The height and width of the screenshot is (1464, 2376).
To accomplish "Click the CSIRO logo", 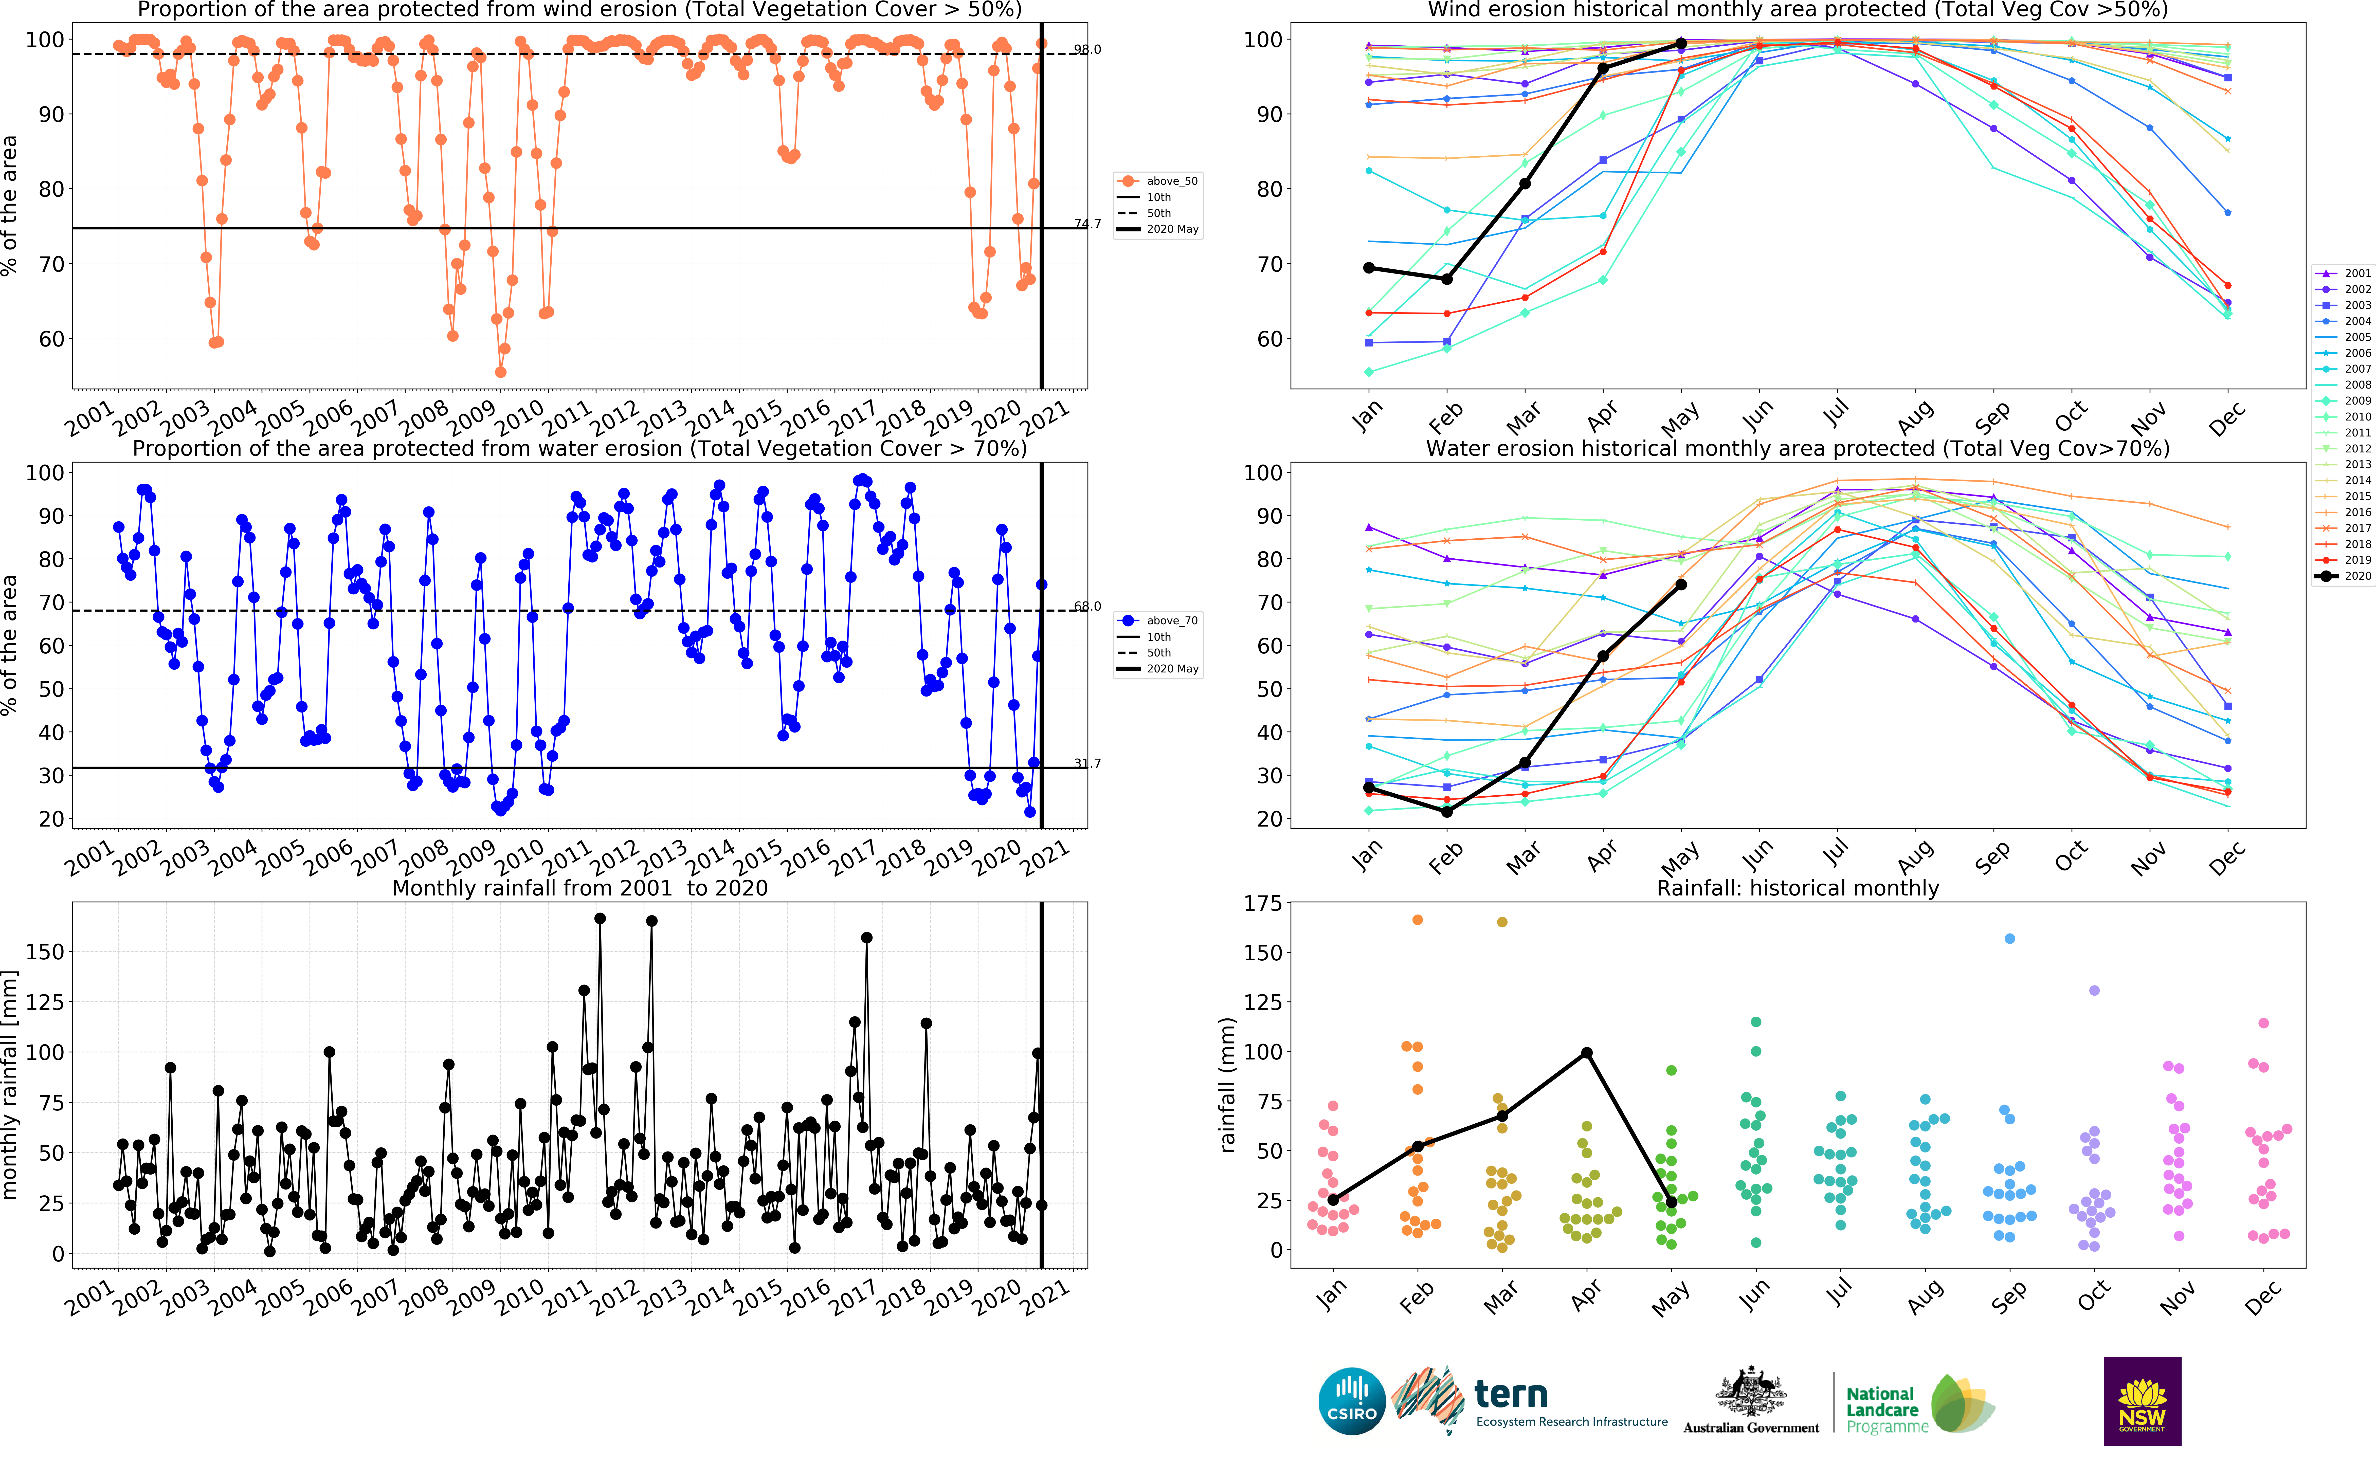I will [1352, 1401].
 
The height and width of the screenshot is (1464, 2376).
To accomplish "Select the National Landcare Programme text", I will [1881, 1410].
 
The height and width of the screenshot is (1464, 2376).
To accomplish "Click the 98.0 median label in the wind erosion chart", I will [1087, 49].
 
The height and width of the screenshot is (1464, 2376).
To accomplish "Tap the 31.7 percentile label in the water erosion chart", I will [1087, 763].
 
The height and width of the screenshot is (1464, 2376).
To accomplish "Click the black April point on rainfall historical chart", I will [1586, 1052].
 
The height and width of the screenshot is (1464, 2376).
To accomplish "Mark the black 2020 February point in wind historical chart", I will [1446, 279].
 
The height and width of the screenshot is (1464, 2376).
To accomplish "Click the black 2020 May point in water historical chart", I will [1681, 585].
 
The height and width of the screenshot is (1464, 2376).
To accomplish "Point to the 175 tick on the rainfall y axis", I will [1263, 903].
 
